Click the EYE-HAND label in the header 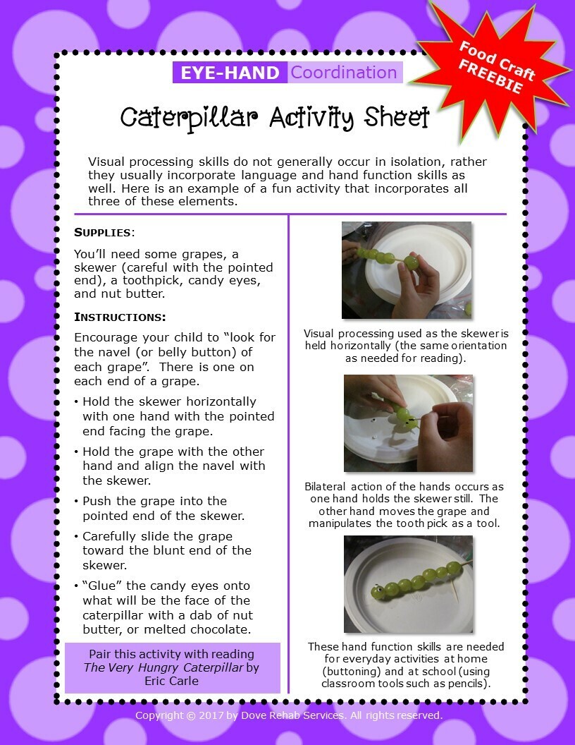(x=230, y=73)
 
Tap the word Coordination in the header (x=344, y=72)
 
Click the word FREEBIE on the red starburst (x=490, y=77)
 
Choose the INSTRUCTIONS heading (x=120, y=317)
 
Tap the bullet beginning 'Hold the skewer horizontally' (x=174, y=416)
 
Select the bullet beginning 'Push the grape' (x=159, y=509)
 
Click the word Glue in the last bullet (x=102, y=586)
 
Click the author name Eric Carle (x=172, y=681)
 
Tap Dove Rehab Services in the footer (x=292, y=715)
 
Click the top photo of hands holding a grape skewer (x=407, y=270)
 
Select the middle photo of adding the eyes (x=409, y=423)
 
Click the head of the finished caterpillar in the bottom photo (x=378, y=591)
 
